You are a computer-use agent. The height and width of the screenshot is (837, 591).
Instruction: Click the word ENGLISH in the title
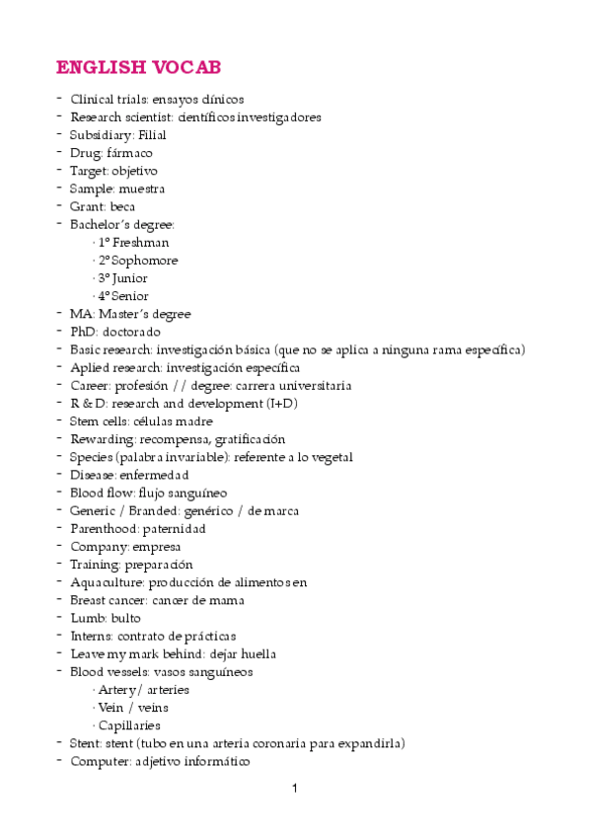pyautogui.click(x=101, y=67)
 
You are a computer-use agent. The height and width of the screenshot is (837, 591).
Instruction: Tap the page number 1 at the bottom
pyautogui.click(x=294, y=789)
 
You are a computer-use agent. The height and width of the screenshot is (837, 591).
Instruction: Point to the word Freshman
pyautogui.click(x=140, y=243)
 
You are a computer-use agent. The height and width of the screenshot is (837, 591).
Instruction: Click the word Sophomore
pyautogui.click(x=145, y=261)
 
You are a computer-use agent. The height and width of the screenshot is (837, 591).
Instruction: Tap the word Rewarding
pyautogui.click(x=101, y=439)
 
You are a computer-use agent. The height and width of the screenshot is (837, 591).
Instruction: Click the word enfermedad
pyautogui.click(x=155, y=475)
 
